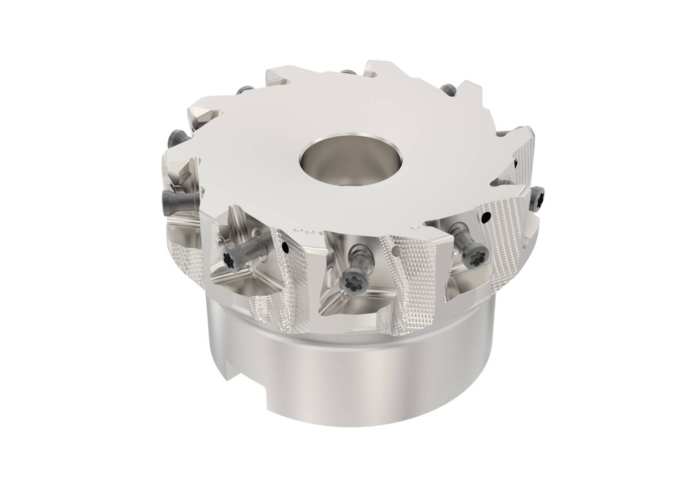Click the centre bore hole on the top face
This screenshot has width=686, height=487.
coord(332,159)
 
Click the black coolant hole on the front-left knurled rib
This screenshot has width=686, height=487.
coord(286,247)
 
